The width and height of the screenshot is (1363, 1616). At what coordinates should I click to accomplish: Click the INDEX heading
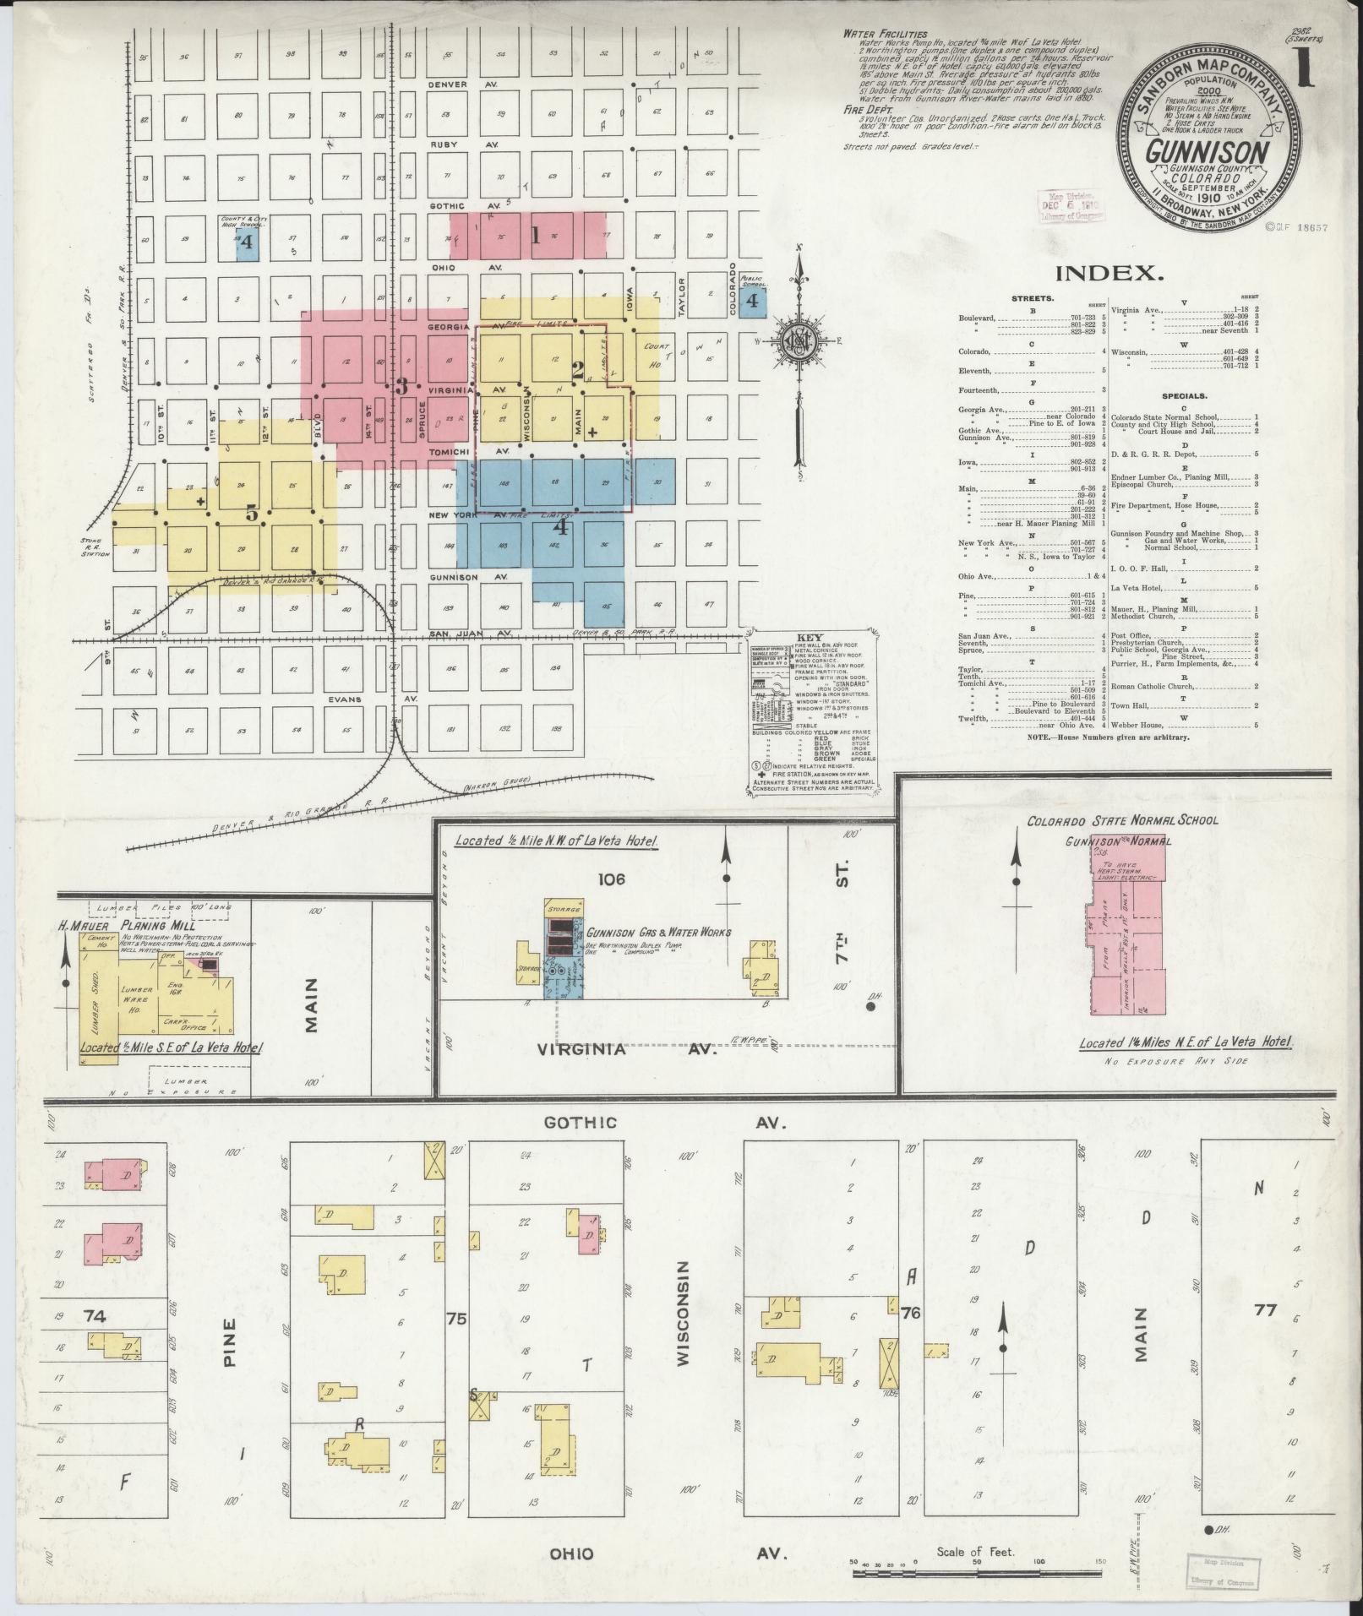coord(1108,273)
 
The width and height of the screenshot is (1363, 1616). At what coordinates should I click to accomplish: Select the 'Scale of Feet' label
coord(975,1552)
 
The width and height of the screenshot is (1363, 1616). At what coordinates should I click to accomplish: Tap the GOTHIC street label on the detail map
coord(580,1123)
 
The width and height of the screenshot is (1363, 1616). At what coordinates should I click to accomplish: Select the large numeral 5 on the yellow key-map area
coord(251,514)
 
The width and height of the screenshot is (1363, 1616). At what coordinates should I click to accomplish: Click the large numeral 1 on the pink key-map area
coord(534,236)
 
